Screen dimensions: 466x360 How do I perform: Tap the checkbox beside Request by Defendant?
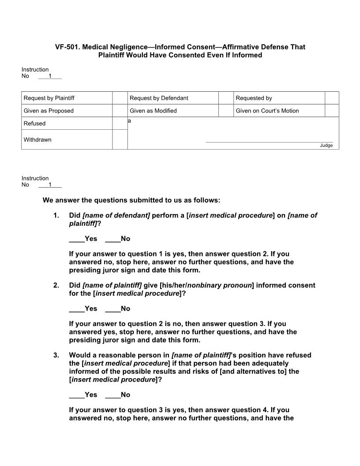point(226,98)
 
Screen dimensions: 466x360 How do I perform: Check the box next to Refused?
point(120,124)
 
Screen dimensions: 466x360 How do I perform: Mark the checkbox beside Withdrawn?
point(120,139)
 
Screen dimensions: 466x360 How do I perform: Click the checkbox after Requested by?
point(332,98)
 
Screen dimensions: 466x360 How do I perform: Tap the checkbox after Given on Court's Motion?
point(332,111)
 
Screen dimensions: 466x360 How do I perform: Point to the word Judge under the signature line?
point(326,146)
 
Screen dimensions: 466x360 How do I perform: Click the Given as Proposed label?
point(49,111)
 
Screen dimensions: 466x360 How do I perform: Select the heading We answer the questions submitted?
point(131,200)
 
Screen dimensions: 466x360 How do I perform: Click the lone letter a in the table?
point(130,120)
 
